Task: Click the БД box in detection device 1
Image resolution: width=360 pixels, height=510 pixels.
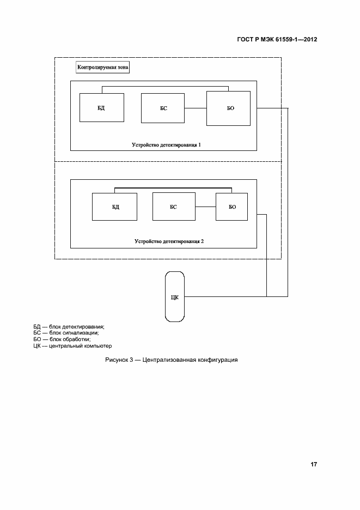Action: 101,107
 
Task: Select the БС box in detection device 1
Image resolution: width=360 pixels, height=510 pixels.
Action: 163,108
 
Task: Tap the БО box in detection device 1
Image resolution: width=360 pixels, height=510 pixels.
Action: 228,108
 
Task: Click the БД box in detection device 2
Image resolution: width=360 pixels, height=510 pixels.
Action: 114,207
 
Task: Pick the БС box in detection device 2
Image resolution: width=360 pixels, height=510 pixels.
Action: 174,207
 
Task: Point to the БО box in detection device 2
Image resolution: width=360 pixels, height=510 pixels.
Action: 231,207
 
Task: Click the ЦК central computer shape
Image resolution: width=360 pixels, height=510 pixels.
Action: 175,296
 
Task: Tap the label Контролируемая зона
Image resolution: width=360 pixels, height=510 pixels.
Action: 103,68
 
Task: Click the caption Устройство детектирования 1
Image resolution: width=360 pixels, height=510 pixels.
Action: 166,145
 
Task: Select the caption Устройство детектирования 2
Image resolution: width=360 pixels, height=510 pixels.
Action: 169,240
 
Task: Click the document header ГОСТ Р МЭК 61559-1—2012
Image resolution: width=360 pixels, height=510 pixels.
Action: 277,40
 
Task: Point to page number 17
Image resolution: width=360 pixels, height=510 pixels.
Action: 314,465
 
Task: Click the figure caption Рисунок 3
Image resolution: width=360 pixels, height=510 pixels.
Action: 172,361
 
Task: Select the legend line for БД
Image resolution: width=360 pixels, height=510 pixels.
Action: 69,326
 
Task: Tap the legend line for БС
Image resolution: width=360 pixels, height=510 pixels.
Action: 65,332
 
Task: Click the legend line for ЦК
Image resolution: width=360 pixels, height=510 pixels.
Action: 72,345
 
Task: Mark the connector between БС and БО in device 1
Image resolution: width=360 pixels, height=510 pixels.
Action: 196,108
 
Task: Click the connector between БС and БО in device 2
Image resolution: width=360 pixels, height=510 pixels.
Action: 205,207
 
